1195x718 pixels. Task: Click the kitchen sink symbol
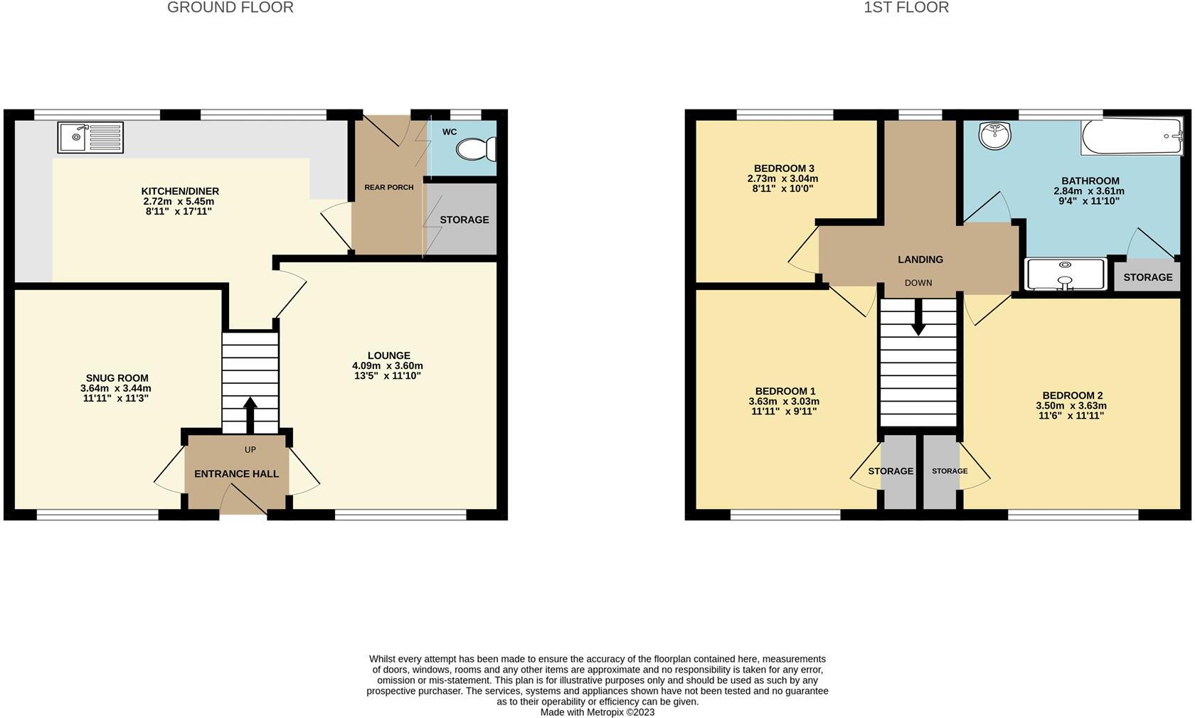tap(90, 137)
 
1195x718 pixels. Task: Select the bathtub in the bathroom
tap(1131, 137)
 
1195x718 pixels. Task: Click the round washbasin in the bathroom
tap(995, 136)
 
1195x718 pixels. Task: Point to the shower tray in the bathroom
tap(1065, 274)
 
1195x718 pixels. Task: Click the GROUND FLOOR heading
tap(230, 8)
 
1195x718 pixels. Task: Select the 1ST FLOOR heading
tap(905, 8)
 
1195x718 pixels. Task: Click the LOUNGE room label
tap(388, 355)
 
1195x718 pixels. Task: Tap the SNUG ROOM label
tap(117, 378)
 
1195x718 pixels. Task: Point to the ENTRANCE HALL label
tap(236, 473)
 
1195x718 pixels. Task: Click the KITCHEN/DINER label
tap(180, 191)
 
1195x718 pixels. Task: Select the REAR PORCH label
tap(388, 188)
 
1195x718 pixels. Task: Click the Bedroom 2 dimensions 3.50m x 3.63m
tap(1071, 406)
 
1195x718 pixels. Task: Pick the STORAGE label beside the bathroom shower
tap(1147, 277)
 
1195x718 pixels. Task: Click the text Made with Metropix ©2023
tap(597, 712)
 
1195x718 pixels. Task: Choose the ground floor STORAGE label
tap(464, 220)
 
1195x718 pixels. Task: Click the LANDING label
tap(920, 259)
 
